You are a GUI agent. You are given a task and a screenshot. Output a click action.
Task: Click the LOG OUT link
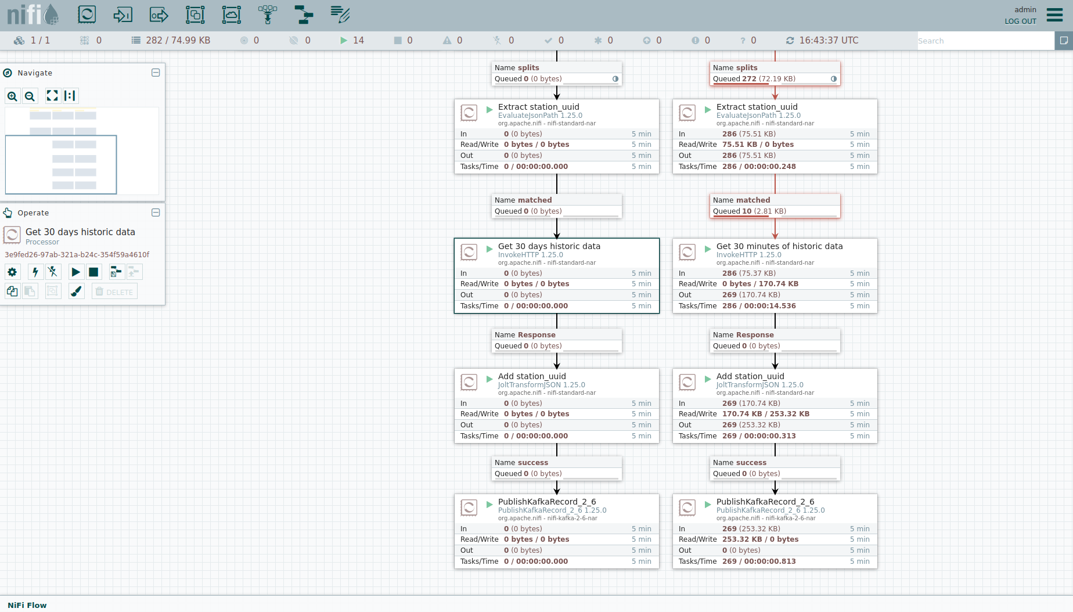(1020, 21)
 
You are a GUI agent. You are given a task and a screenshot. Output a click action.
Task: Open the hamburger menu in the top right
(1054, 15)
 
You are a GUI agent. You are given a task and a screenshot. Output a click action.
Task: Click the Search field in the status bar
(985, 41)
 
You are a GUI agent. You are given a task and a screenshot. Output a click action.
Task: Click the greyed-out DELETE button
(114, 292)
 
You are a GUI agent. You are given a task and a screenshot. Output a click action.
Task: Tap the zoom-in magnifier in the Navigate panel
(12, 96)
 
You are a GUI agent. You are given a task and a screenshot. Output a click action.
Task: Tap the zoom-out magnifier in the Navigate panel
(30, 96)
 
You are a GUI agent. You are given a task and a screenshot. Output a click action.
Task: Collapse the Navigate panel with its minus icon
(156, 73)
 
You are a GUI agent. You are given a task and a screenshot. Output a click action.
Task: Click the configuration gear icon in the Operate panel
(12, 272)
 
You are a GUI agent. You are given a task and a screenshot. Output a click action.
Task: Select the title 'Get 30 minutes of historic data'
(779, 246)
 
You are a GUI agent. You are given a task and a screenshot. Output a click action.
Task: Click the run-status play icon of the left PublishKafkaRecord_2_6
(489, 504)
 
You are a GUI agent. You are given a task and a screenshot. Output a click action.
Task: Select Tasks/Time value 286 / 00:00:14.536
(759, 306)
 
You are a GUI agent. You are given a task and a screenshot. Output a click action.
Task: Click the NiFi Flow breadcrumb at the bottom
(27, 605)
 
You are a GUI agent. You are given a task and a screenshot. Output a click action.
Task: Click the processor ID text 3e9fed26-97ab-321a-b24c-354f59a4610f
(77, 255)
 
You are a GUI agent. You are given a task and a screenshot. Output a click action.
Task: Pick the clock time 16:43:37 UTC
(829, 41)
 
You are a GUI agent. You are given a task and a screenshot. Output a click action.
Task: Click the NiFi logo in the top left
(33, 15)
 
